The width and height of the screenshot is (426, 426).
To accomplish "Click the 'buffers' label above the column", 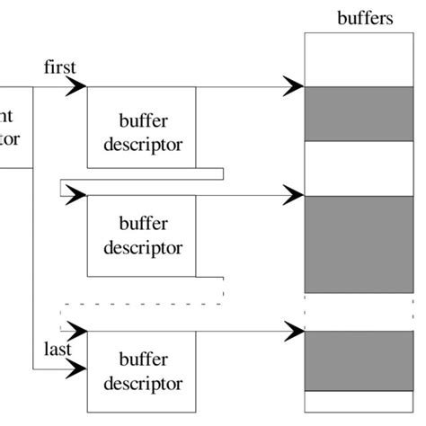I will [364, 18].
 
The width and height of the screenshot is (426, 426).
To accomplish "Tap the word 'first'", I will [58, 67].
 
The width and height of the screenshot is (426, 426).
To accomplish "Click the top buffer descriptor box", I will [142, 127].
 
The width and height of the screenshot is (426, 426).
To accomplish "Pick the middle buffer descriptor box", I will [142, 235].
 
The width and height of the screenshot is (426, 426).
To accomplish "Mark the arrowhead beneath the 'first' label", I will [76, 86].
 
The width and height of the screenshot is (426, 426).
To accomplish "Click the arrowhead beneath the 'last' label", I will [76, 368].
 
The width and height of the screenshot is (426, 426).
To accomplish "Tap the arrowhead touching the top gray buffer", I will [294, 86].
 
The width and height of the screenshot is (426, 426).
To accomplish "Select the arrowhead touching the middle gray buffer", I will [294, 194].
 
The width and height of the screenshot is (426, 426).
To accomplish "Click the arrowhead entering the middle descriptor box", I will [76, 194].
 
